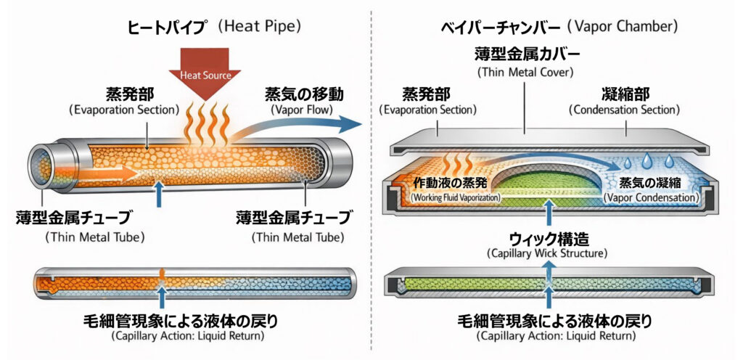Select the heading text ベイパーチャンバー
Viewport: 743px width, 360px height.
500,28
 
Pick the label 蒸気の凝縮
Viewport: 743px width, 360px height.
650,181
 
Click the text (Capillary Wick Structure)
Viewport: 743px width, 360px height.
548,254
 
